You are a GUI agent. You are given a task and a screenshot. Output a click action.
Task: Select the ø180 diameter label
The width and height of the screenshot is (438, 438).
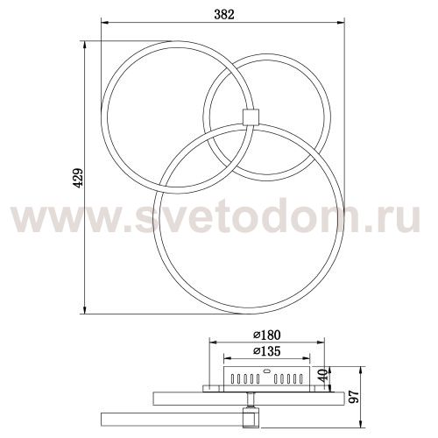tap(267, 335)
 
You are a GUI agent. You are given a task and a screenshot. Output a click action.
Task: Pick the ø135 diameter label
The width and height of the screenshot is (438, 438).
tap(267, 352)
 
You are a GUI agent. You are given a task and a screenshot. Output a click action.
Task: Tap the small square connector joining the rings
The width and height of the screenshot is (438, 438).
tap(250, 117)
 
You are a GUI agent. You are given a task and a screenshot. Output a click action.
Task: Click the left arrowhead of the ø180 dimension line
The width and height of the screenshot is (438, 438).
tap(212, 343)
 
